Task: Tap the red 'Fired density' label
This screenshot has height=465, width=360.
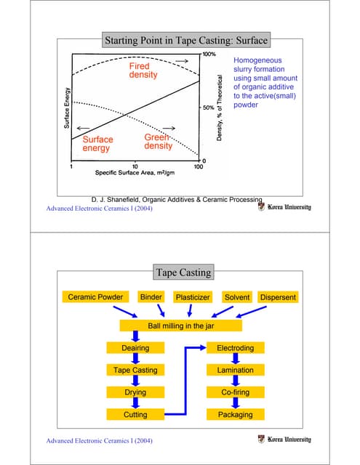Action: tap(148, 70)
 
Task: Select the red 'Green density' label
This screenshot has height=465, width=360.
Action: tap(158, 141)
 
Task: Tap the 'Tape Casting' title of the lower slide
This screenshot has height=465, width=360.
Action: tap(183, 272)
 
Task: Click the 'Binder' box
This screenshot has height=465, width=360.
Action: tap(151, 297)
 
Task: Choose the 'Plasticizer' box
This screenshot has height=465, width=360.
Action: tap(193, 297)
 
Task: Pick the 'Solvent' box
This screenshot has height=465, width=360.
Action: tap(237, 297)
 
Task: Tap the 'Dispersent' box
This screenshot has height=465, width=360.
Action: tap(278, 297)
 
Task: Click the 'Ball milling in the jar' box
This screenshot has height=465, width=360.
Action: tap(180, 326)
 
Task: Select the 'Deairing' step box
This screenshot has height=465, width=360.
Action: tap(135, 348)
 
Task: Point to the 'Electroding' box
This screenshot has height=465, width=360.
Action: tap(235, 348)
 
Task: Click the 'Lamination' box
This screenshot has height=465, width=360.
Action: tap(235, 370)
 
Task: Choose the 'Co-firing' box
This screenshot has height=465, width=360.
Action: tap(235, 392)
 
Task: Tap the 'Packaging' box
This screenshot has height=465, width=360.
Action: tap(235, 414)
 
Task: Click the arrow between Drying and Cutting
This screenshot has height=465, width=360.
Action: tap(135, 403)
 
